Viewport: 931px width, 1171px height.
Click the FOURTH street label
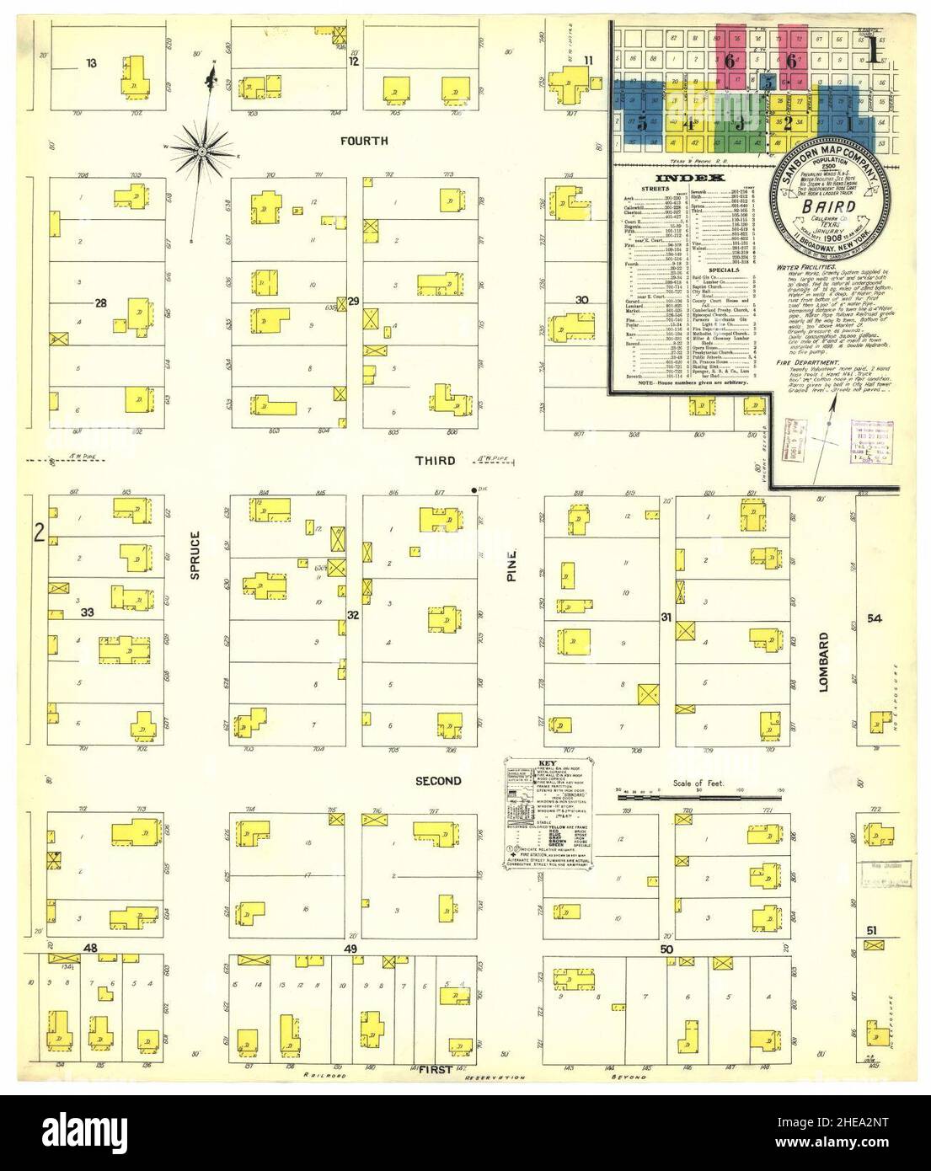point(364,141)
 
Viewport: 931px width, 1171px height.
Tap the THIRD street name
point(435,461)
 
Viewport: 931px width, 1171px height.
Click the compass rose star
point(205,151)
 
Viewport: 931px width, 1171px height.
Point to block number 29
point(354,301)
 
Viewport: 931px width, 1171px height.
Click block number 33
point(86,613)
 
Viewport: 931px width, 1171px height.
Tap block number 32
point(354,615)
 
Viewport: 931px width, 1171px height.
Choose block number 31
point(666,618)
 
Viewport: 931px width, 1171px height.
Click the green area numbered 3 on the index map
point(739,124)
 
